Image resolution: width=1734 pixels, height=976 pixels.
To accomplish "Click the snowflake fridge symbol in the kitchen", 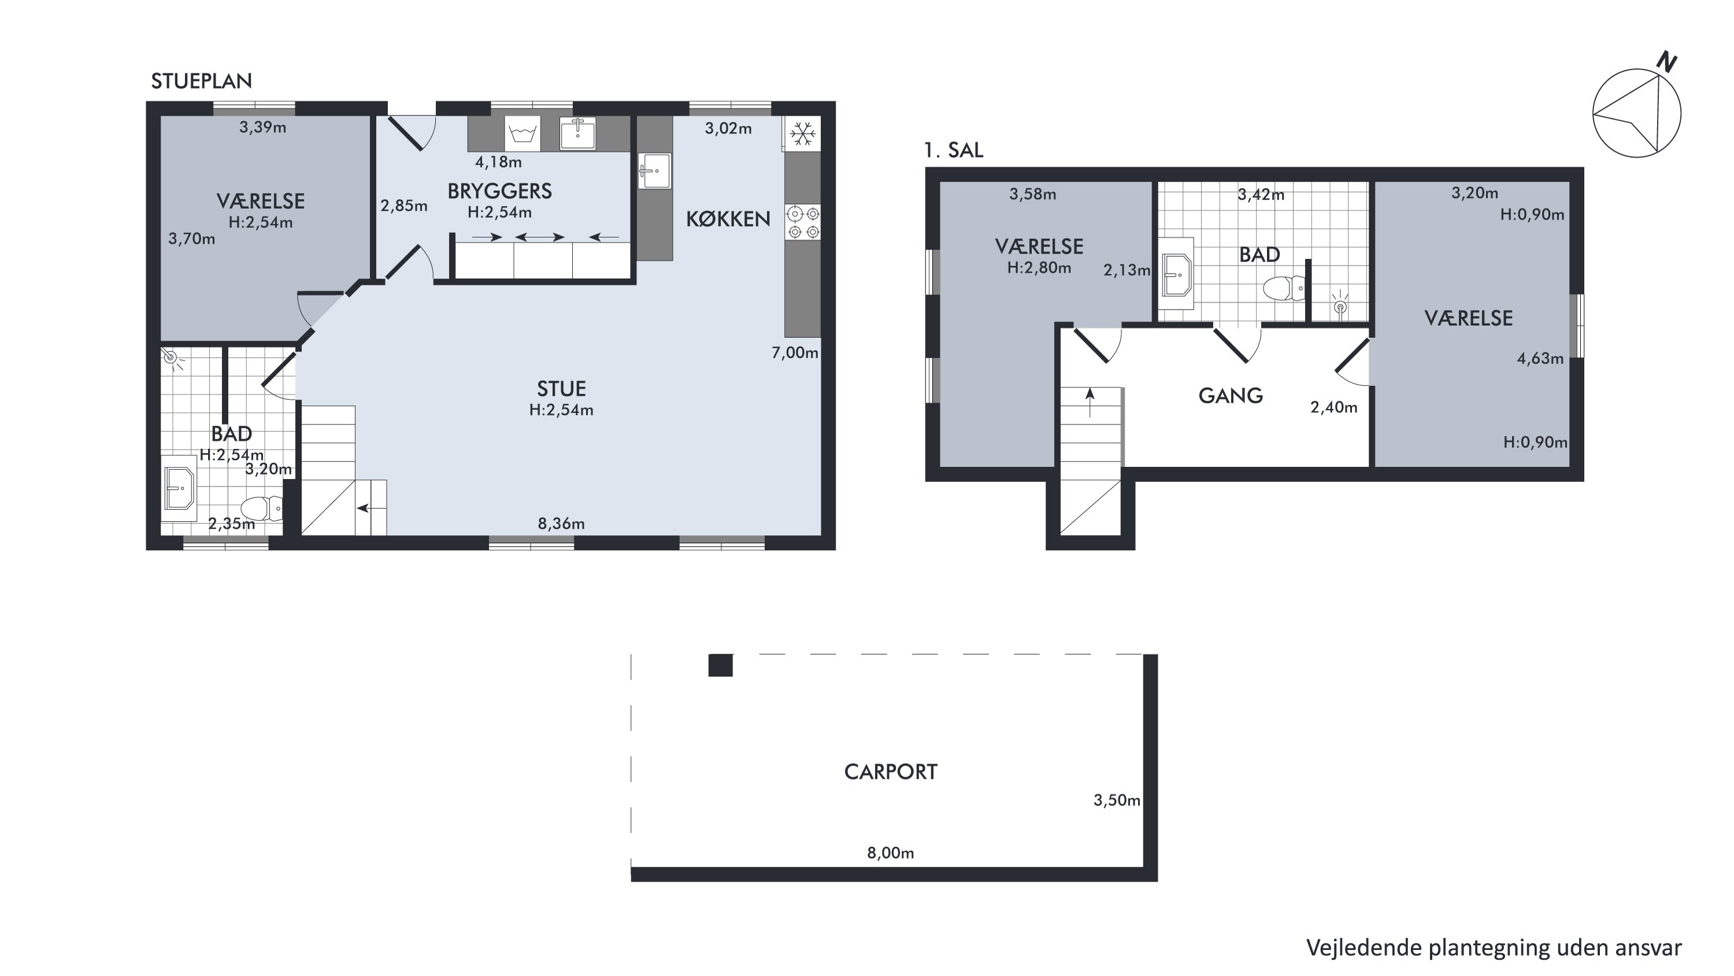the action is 802,134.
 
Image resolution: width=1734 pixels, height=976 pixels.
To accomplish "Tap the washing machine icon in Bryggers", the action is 523,134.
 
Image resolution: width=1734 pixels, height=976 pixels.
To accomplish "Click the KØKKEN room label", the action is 728,219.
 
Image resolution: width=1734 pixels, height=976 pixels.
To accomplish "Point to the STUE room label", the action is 561,389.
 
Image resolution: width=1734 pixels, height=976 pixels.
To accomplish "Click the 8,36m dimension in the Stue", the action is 561,524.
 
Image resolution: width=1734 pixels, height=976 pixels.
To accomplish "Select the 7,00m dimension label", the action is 795,352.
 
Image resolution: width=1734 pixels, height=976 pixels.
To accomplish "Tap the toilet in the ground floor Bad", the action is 261,509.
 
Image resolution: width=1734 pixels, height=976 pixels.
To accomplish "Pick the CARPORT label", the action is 891,772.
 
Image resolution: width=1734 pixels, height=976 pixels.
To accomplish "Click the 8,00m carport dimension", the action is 890,853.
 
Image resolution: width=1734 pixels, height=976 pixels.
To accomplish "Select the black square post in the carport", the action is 720,665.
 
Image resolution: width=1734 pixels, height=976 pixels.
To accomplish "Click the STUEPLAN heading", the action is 201,81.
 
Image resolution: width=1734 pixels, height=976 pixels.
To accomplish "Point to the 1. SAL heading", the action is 954,150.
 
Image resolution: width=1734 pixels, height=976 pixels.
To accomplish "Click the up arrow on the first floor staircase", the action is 1090,403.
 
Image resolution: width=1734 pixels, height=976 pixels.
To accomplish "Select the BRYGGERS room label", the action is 499,191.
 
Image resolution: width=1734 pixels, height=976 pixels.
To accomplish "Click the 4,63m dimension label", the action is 1540,358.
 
